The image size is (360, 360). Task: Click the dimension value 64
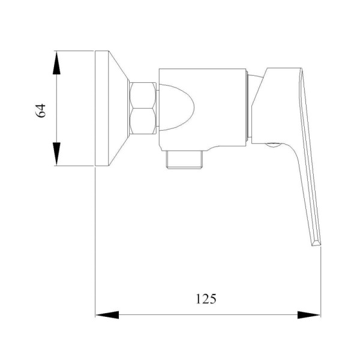(x=41, y=110)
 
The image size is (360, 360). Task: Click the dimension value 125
(x=206, y=299)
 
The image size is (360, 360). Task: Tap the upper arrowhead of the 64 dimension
(x=56, y=62)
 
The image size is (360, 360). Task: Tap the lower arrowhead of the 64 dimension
(x=56, y=154)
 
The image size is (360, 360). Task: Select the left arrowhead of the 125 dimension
(x=107, y=315)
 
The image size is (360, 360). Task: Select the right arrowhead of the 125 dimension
(x=309, y=315)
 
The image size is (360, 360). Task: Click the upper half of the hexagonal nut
(x=143, y=95)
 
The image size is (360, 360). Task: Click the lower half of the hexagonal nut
(x=143, y=121)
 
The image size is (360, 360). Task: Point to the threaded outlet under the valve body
(x=185, y=160)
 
